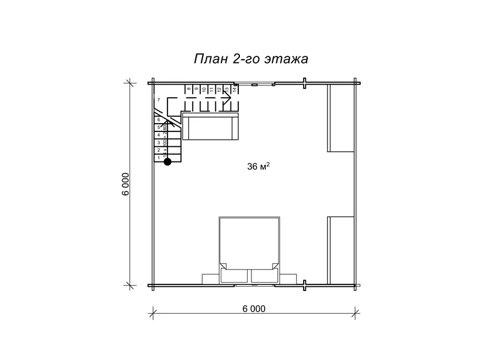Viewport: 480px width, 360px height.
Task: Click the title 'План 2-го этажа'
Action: coord(251,59)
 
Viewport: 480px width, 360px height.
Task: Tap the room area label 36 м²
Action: coord(258,167)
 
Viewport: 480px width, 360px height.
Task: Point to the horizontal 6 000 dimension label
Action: coord(254,309)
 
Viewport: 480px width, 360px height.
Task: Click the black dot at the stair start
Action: coord(168,161)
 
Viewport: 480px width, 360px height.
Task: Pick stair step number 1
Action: coord(158,158)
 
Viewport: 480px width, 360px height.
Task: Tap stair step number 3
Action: coord(158,143)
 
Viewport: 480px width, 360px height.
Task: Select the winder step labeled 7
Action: coord(158,100)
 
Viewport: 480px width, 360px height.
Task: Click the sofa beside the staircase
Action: coord(211,127)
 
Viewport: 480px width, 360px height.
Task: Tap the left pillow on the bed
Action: coord(235,275)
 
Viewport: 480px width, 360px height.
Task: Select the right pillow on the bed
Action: coord(265,275)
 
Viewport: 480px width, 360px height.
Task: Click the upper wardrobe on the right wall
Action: coord(341,118)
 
